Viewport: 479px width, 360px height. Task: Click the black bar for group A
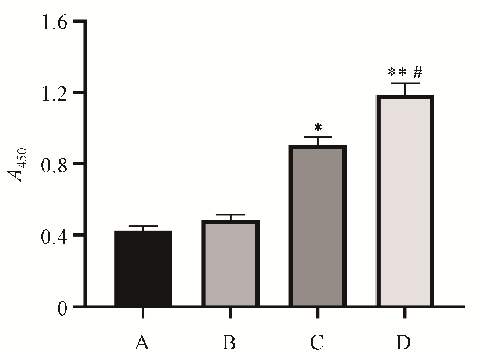(x=143, y=268)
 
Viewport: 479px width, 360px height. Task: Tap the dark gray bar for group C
(x=317, y=226)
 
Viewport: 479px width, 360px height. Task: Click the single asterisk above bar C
(x=318, y=128)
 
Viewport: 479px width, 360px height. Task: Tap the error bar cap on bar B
(x=230, y=214)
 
